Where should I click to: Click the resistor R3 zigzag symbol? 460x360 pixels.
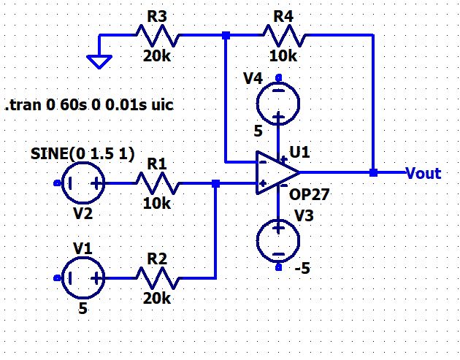point(156,34)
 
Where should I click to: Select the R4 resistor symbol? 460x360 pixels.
point(285,34)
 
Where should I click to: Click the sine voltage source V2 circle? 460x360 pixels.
point(80,184)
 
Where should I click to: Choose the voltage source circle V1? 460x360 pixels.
point(80,277)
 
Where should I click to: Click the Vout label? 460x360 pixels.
point(423,173)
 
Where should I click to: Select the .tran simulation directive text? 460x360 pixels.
point(89,106)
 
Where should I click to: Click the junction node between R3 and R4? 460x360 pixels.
point(226,34)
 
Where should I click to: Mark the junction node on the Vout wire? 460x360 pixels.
point(373,173)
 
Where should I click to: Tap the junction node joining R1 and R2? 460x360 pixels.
point(215,184)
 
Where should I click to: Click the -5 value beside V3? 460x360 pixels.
point(302,268)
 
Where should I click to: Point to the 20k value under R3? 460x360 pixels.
point(156,56)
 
